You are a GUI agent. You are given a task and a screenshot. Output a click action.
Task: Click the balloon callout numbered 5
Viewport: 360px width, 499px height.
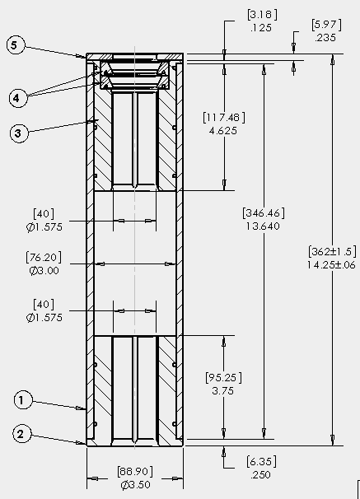pos(14,45)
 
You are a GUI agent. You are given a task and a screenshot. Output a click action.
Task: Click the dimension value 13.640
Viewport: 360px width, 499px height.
pos(263,226)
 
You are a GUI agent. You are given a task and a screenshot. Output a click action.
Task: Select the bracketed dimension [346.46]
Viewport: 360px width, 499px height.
pos(264,213)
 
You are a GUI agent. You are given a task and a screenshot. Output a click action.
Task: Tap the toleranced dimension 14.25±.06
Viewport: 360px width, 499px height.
pos(331,265)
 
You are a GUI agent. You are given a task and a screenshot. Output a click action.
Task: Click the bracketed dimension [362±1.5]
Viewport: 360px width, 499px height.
pos(332,251)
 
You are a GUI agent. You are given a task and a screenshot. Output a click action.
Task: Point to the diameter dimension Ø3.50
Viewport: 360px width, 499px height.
pos(135,485)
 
